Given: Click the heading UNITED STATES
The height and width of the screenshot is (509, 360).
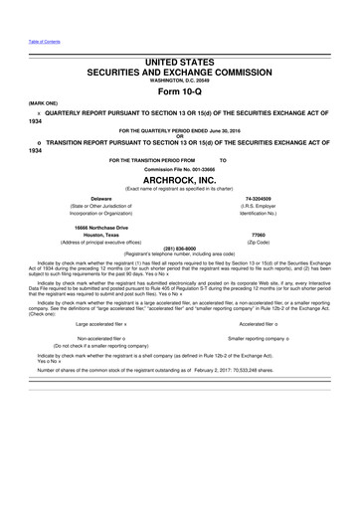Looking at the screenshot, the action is [x=180, y=62].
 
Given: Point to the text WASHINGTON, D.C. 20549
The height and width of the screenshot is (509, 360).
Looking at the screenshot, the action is [x=180, y=80].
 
